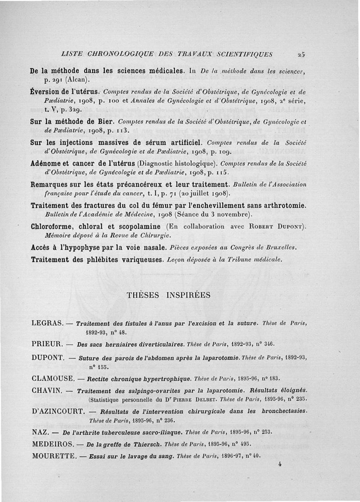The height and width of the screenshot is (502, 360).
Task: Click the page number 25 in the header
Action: coord(301,55)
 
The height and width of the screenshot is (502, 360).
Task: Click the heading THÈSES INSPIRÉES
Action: coord(169,296)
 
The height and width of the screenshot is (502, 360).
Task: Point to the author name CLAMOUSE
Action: coord(53,378)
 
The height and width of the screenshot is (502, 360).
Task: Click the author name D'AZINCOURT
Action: coord(58,411)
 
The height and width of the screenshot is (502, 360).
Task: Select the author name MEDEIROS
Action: coord(52,444)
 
